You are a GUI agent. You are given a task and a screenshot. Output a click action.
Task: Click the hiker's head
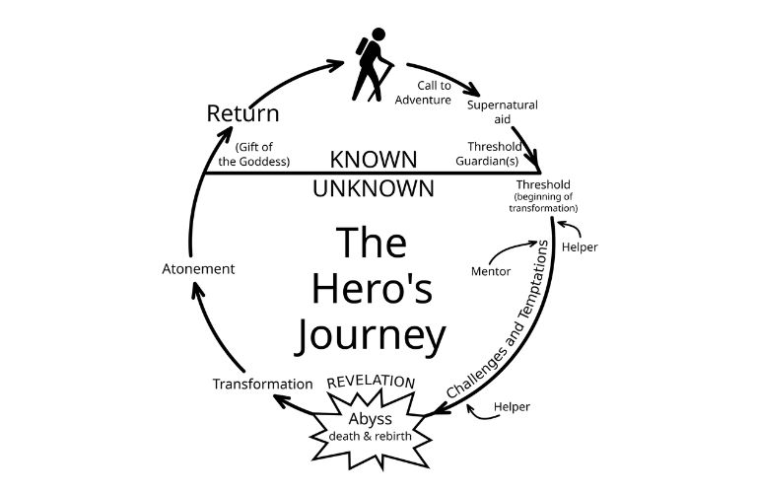pos(378,35)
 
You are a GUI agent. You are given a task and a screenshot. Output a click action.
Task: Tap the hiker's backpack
pos(362,46)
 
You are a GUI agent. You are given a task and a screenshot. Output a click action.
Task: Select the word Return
pos(242,113)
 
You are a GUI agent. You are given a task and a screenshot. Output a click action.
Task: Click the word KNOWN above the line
pos(374,160)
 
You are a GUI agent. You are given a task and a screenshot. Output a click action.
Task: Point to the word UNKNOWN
pos(374,188)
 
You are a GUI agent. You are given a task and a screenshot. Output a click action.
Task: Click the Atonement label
pos(198,269)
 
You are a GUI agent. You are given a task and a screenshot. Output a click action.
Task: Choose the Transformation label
pos(262,384)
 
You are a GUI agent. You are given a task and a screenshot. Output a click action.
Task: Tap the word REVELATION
pos(371,382)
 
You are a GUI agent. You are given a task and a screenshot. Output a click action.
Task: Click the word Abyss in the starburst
pos(370,419)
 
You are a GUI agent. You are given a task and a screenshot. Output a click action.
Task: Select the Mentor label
pos(491,271)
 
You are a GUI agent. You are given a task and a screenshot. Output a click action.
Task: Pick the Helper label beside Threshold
pos(580,246)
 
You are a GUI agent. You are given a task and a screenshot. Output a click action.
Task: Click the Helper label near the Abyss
pos(512,406)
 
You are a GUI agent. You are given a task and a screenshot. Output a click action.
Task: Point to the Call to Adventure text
pos(423,93)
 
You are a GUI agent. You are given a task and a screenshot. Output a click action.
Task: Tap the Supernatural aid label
pos(502,112)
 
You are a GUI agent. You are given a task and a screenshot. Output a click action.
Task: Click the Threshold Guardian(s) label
pos(489,154)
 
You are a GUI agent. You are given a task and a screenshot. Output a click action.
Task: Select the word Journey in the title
pos(370,335)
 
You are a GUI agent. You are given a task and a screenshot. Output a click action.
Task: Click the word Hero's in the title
pos(373,289)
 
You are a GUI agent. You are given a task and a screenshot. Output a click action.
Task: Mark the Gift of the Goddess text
pos(254,154)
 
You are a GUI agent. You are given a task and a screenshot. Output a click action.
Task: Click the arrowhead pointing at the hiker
pos(335,65)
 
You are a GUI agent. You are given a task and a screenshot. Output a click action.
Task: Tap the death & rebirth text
pos(370,437)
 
